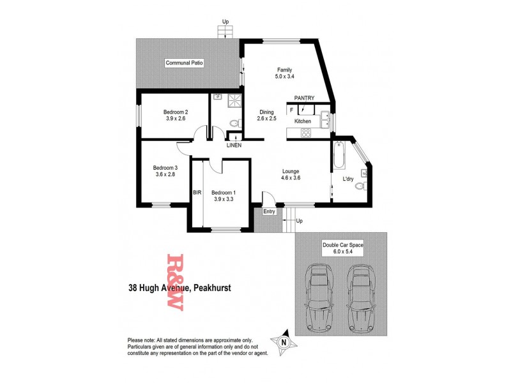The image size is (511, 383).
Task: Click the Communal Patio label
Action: coord(184,63)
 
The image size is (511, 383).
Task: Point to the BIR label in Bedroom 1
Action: coord(197,192)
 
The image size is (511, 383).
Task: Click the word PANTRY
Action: coord(304,98)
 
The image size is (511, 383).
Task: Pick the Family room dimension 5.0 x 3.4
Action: coord(284,77)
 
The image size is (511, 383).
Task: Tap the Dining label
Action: coord(266,112)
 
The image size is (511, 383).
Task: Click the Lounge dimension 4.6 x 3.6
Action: coord(291,178)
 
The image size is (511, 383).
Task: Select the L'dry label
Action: coord(348,179)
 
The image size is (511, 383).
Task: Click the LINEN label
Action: coord(233,146)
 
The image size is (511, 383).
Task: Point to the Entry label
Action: coord(269,211)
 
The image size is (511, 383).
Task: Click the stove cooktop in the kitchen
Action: coord(305,133)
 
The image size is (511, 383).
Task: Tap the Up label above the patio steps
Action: coord(225,22)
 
